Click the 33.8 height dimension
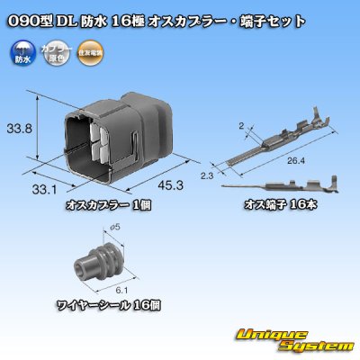(22, 129)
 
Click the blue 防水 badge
(22, 52)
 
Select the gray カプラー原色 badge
(55, 52)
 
